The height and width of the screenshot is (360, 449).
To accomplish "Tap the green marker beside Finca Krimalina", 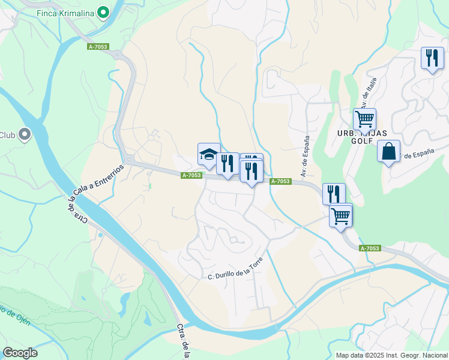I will click(x=103, y=12).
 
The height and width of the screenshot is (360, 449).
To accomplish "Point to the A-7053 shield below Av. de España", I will click(x=280, y=181).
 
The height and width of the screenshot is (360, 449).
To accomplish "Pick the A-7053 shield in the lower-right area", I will click(x=370, y=248).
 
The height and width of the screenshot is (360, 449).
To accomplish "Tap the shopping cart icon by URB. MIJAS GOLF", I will click(x=364, y=119).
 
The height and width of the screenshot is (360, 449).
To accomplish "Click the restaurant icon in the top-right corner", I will click(x=432, y=58).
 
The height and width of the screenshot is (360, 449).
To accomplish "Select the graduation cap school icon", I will click(x=209, y=154).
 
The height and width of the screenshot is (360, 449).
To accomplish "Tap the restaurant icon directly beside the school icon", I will click(x=228, y=163).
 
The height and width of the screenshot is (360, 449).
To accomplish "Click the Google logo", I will click(x=20, y=353).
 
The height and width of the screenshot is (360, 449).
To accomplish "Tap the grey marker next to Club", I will click(x=25, y=135).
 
